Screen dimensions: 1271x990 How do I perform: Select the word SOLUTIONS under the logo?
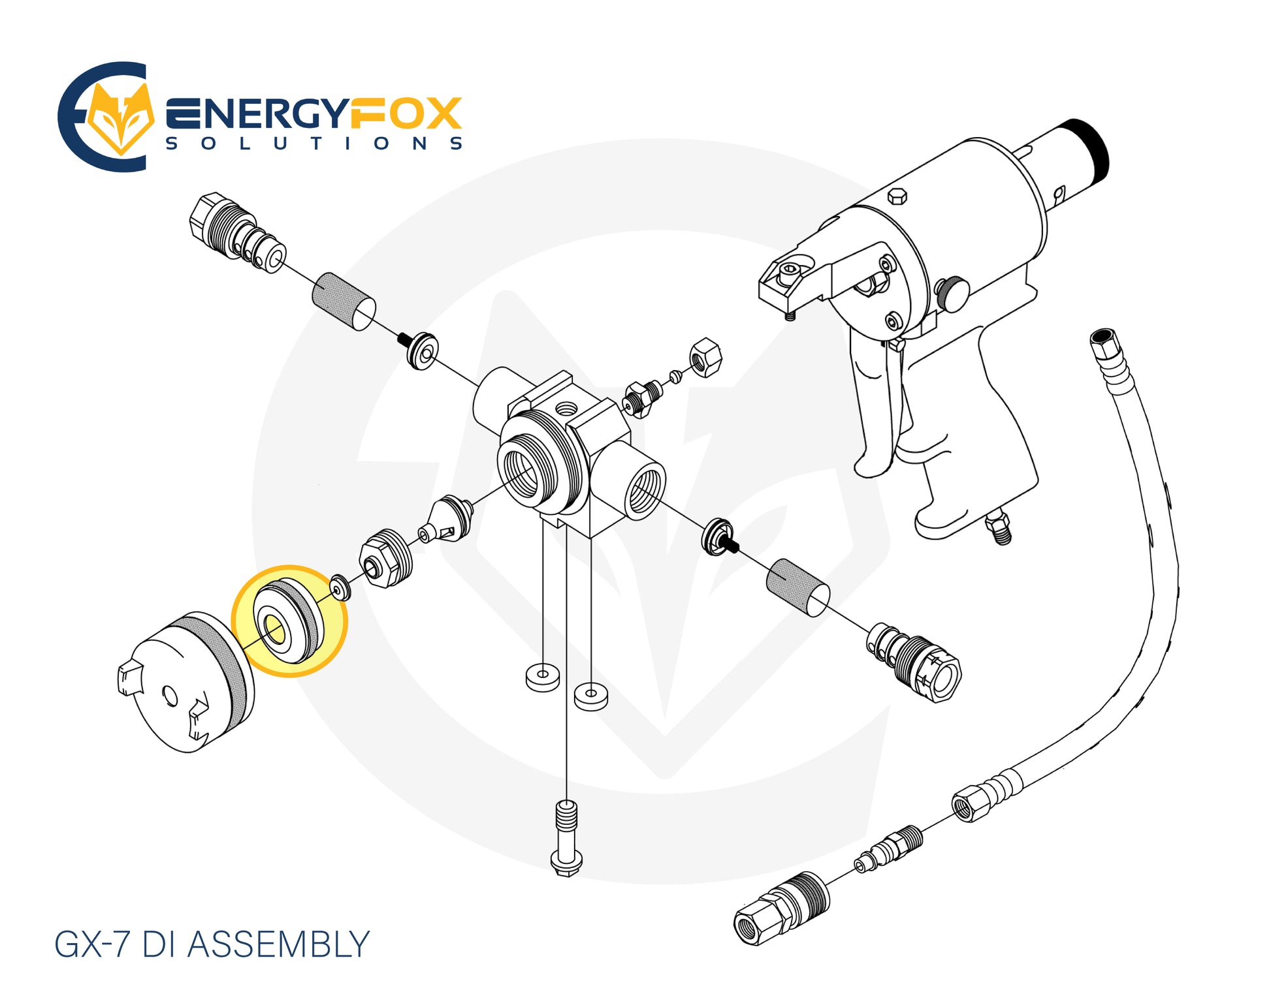314,143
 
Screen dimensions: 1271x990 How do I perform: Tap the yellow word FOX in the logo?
406,114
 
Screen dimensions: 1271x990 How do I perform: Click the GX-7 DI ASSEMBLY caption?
212,944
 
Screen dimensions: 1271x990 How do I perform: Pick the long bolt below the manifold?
567,838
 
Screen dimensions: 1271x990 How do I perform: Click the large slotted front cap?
186,682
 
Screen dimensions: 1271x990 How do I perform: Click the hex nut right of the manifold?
706,357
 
